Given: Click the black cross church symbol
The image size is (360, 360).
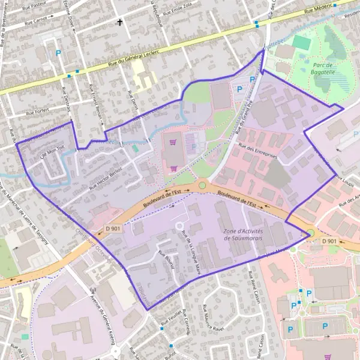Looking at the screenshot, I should [x=120, y=23].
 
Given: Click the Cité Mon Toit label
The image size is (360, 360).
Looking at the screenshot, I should [x=51, y=154].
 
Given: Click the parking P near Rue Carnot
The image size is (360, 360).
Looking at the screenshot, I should [x=58, y=54].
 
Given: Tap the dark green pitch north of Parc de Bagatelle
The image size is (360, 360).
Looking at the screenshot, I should [x=302, y=43].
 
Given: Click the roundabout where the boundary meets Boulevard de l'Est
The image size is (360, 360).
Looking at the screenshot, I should [x=310, y=233].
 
